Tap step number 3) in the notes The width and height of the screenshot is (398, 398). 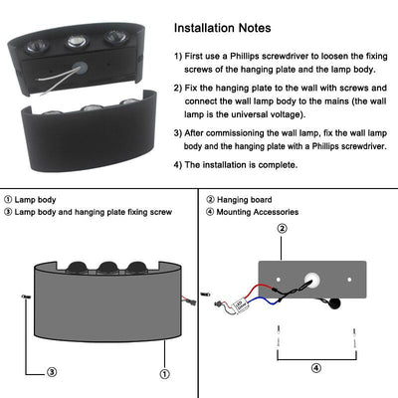tap(179, 132)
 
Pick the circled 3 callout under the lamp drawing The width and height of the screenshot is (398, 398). tap(51, 374)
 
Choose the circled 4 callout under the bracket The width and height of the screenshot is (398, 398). tap(316, 367)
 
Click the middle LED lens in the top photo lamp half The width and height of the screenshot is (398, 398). tap(76, 41)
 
